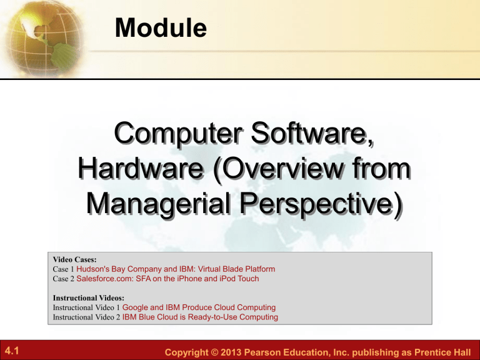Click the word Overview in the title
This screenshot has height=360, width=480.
click(x=292, y=169)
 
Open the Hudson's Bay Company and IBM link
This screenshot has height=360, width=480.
click(x=176, y=269)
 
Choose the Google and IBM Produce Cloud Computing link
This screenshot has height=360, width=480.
click(x=199, y=307)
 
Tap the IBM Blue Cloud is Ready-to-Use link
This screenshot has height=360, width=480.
click(x=201, y=317)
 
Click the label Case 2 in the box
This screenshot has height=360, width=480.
click(x=64, y=279)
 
